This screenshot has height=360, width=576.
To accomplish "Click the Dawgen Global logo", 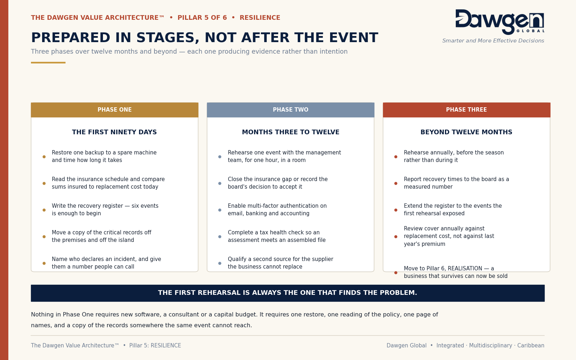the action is click(x=500, y=22).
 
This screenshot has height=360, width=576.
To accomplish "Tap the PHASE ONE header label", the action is click(x=114, y=110).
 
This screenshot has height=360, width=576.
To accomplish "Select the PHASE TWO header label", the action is click(x=291, y=110).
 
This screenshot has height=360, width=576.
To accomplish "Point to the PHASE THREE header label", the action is click(x=467, y=110).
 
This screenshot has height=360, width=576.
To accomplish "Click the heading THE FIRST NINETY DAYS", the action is click(x=114, y=132).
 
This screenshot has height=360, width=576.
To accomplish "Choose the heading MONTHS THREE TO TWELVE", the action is click(x=291, y=132).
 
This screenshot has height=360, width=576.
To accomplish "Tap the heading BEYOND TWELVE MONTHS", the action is click(x=467, y=132).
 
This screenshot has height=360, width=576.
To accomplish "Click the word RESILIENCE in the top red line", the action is click(x=260, y=18).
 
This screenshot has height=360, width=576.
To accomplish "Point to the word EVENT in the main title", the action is click(x=354, y=38).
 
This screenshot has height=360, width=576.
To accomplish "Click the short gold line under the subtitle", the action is click(x=48, y=63).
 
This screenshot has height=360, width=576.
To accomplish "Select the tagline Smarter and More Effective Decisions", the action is click(x=493, y=41).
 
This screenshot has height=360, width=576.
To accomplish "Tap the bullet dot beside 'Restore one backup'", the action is click(x=44, y=157).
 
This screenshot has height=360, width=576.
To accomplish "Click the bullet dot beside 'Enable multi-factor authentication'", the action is click(x=220, y=210).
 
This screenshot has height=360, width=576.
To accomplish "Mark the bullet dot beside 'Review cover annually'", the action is click(x=396, y=237).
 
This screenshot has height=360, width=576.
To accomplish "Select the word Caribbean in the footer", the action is click(x=531, y=346).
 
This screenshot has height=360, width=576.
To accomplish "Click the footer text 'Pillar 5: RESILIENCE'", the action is click(x=155, y=346).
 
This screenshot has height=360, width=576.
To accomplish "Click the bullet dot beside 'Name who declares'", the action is click(x=44, y=263).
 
